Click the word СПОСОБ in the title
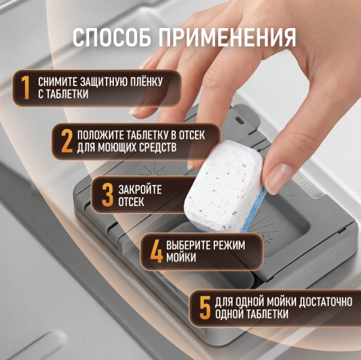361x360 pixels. click(114, 38)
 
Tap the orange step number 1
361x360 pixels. click(24, 87)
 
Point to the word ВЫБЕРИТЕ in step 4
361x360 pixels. click(197, 244)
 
